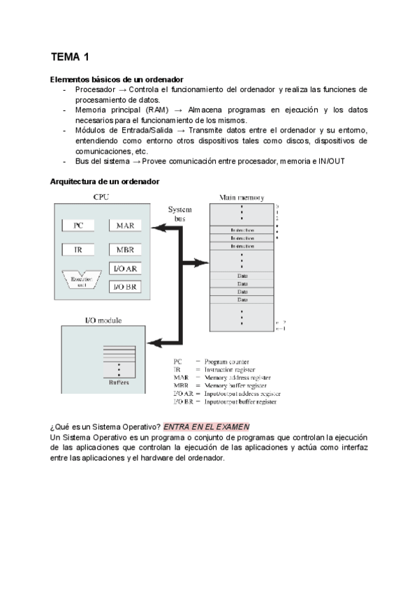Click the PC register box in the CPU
click(x=79, y=225)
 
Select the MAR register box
click(x=126, y=225)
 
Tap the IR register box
click(x=79, y=249)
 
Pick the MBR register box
click(x=126, y=249)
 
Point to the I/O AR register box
click(x=126, y=269)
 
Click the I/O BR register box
click(x=126, y=286)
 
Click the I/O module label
click(x=103, y=320)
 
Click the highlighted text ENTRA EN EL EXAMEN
click(x=206, y=427)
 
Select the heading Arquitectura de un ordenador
click(x=105, y=182)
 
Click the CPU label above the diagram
click(x=102, y=198)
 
